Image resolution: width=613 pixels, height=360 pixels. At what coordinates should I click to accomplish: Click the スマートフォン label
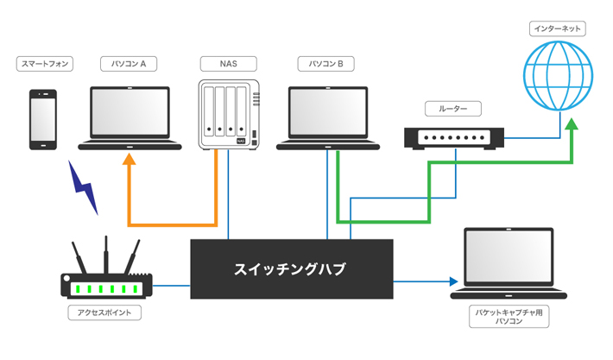tap(45, 64)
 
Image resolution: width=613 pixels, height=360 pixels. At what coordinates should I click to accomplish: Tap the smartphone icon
tap(43, 120)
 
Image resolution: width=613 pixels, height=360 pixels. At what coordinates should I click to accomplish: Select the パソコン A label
tap(129, 64)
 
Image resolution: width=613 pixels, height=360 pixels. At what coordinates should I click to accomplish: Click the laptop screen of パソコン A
tap(130, 112)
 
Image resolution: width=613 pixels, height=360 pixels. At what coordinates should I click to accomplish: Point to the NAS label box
tap(228, 64)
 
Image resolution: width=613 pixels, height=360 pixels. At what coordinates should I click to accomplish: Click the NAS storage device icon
tap(229, 114)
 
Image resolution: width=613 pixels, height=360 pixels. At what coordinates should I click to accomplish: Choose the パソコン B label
tap(326, 64)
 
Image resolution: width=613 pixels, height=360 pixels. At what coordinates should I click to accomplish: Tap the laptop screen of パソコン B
tap(328, 112)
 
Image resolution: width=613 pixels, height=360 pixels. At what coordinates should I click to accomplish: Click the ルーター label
tap(453, 109)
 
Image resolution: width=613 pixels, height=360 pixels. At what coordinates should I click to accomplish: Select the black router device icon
tap(454, 138)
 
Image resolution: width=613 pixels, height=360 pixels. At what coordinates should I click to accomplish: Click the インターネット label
tap(558, 28)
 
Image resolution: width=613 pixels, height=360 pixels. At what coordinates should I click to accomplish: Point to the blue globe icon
tap(558, 76)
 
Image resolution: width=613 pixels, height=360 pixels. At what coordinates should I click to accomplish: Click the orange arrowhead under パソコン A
tap(129, 159)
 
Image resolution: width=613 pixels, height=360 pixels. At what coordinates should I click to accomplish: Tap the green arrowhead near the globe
tap(572, 124)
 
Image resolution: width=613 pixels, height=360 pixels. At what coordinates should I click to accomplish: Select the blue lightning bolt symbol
tap(83, 187)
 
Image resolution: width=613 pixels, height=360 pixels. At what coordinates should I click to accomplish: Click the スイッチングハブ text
tap(290, 269)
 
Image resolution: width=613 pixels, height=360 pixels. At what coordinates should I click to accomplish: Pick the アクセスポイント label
tap(104, 313)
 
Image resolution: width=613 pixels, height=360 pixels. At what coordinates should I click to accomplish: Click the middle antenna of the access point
tap(106, 255)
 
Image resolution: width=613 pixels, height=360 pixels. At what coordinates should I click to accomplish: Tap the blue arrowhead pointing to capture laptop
tap(453, 281)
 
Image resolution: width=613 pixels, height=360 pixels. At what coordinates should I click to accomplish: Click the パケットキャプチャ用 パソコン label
tap(509, 317)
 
